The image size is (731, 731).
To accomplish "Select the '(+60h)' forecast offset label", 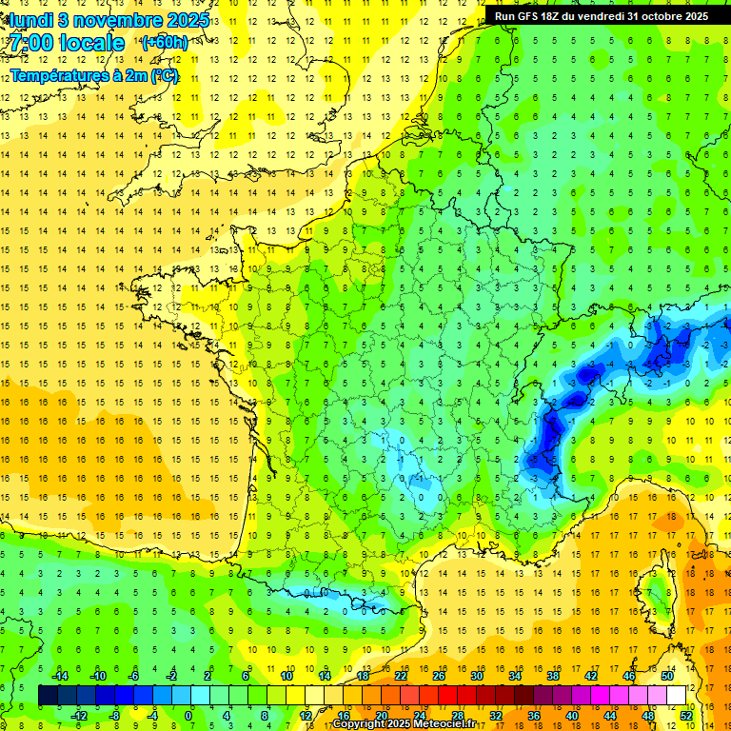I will pos(165,43).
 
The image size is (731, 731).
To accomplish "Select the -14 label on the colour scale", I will pos(59,676).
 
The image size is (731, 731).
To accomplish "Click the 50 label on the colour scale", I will pos(667,676).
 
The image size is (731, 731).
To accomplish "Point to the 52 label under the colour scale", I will pos(686,716).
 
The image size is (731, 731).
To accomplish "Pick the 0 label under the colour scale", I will pos(188,716).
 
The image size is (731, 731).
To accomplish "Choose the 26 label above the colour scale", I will pos(439,676).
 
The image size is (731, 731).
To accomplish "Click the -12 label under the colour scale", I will pos(78,716).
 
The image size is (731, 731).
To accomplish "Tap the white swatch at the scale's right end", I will pos(677,695).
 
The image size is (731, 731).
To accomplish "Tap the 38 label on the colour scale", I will pos(553,676).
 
